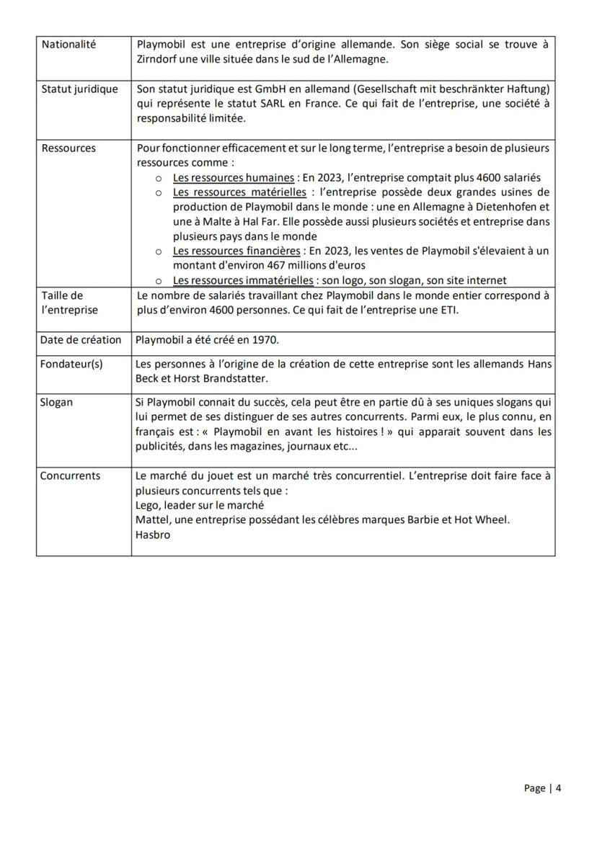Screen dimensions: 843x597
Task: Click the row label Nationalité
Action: pyautogui.click(x=68, y=45)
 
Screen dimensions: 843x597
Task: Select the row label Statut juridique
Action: pyautogui.click(x=79, y=89)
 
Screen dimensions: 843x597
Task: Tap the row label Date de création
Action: pyautogui.click(x=81, y=340)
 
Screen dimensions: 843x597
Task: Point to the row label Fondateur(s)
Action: pyautogui.click(x=71, y=364)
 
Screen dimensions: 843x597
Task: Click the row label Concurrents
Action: pyautogui.click(x=70, y=476)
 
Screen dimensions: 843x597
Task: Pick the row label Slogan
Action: pyautogui.click(x=57, y=402)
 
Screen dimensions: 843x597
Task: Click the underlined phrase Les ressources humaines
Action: pyautogui.click(x=234, y=178)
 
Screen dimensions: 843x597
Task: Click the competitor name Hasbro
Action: pyautogui.click(x=153, y=535)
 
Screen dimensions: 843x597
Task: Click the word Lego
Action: pyautogui.click(x=148, y=505)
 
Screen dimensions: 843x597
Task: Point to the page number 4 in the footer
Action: pyautogui.click(x=558, y=788)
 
